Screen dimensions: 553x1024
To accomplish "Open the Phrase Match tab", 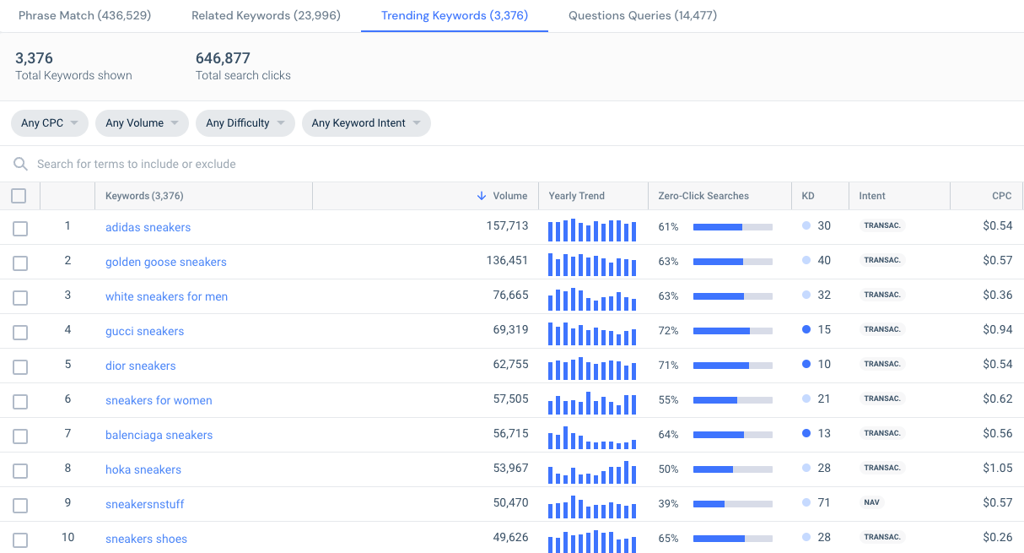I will (x=84, y=16).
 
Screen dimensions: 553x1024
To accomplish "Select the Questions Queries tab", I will (x=643, y=16).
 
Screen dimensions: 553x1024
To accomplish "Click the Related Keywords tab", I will (x=266, y=16).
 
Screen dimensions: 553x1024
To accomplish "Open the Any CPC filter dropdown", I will (x=49, y=123).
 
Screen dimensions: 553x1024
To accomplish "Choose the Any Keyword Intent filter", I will (x=366, y=123).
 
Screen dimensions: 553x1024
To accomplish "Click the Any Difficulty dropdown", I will (x=245, y=123).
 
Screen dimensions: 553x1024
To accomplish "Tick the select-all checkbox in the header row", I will (x=19, y=196).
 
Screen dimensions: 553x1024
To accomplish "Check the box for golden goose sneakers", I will (x=20, y=263).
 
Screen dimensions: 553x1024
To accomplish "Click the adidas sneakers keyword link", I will (x=148, y=227).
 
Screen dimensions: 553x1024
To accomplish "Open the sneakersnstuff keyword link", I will (x=144, y=504).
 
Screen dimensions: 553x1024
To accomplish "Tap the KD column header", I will (x=808, y=196).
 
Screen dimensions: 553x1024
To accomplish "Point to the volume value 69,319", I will (x=507, y=330).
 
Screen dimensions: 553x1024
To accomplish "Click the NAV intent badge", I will (x=871, y=502).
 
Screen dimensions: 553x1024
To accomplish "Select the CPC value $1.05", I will (x=997, y=469).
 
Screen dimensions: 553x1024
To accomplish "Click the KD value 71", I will (x=824, y=502).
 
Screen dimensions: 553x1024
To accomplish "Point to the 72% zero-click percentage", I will (x=668, y=331).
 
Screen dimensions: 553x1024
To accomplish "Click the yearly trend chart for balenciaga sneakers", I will (x=591, y=435).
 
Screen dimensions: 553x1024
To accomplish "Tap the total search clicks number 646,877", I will (x=223, y=58).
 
